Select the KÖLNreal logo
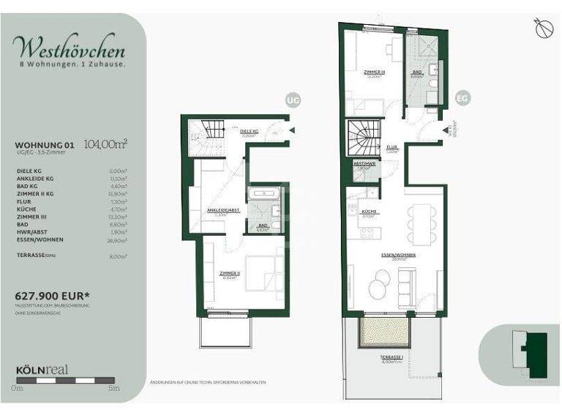pos(42,370)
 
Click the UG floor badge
pos(293,100)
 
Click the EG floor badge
pos(462,97)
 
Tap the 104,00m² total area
pos(106,143)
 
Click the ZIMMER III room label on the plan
pos(375,72)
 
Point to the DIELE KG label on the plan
pos(249,131)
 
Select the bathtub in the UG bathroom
pos(261,194)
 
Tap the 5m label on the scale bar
pos(113,388)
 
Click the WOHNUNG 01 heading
pos(45,145)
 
